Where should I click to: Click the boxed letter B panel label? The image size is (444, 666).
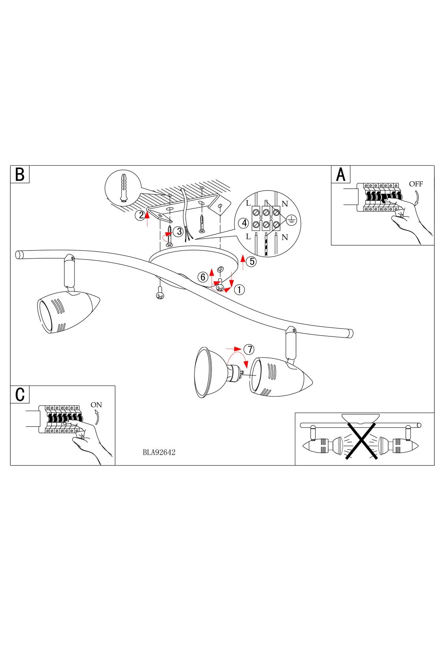(20, 174)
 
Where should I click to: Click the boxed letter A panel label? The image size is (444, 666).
(341, 174)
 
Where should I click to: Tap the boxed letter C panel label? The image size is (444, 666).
(20, 395)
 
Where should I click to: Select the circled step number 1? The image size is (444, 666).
(239, 290)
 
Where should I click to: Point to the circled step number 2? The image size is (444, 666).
(140, 215)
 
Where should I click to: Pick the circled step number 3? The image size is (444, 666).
(179, 232)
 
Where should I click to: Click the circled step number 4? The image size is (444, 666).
(244, 223)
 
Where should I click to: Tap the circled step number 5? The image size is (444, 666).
(252, 262)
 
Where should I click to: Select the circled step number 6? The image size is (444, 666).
(202, 277)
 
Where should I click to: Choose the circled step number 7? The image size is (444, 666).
(250, 349)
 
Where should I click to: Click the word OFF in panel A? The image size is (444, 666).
(416, 184)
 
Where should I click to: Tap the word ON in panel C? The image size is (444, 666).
(96, 405)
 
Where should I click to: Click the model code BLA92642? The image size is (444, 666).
(159, 452)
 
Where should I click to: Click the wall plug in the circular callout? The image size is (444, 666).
(123, 188)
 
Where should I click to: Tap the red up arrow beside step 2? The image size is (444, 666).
(148, 218)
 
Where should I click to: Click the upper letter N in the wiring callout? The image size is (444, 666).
(285, 204)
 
